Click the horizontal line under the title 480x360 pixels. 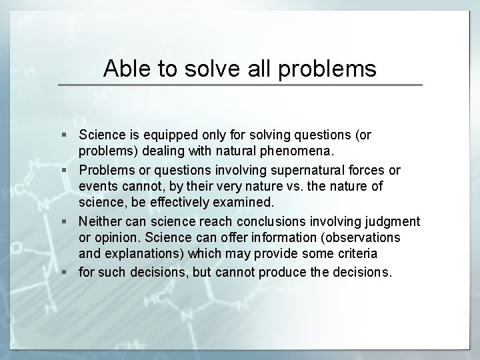tap(240, 85)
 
